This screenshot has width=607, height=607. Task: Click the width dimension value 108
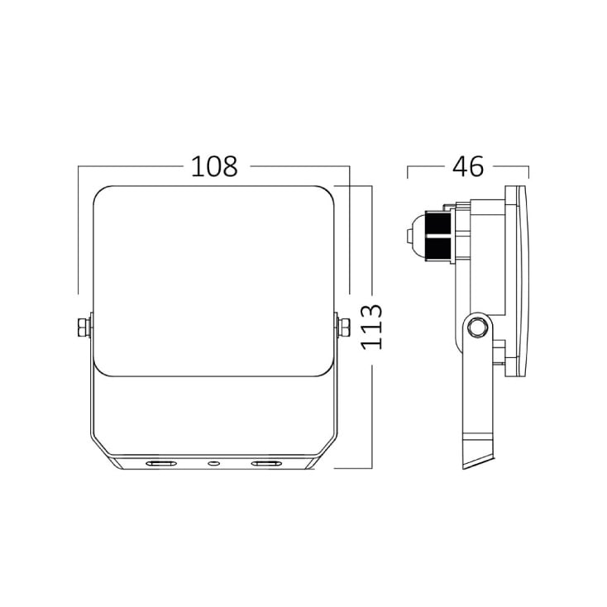(214, 166)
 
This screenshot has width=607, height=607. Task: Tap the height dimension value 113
(371, 327)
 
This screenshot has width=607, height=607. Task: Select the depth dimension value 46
(468, 166)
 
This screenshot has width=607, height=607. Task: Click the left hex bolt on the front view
(84, 327)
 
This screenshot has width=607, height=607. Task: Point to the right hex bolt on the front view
(343, 327)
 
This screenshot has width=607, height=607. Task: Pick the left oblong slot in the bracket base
(160, 463)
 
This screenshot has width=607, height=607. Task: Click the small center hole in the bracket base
(213, 463)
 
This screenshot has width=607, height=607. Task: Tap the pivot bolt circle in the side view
(477, 327)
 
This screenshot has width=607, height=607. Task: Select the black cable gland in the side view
(438, 236)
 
